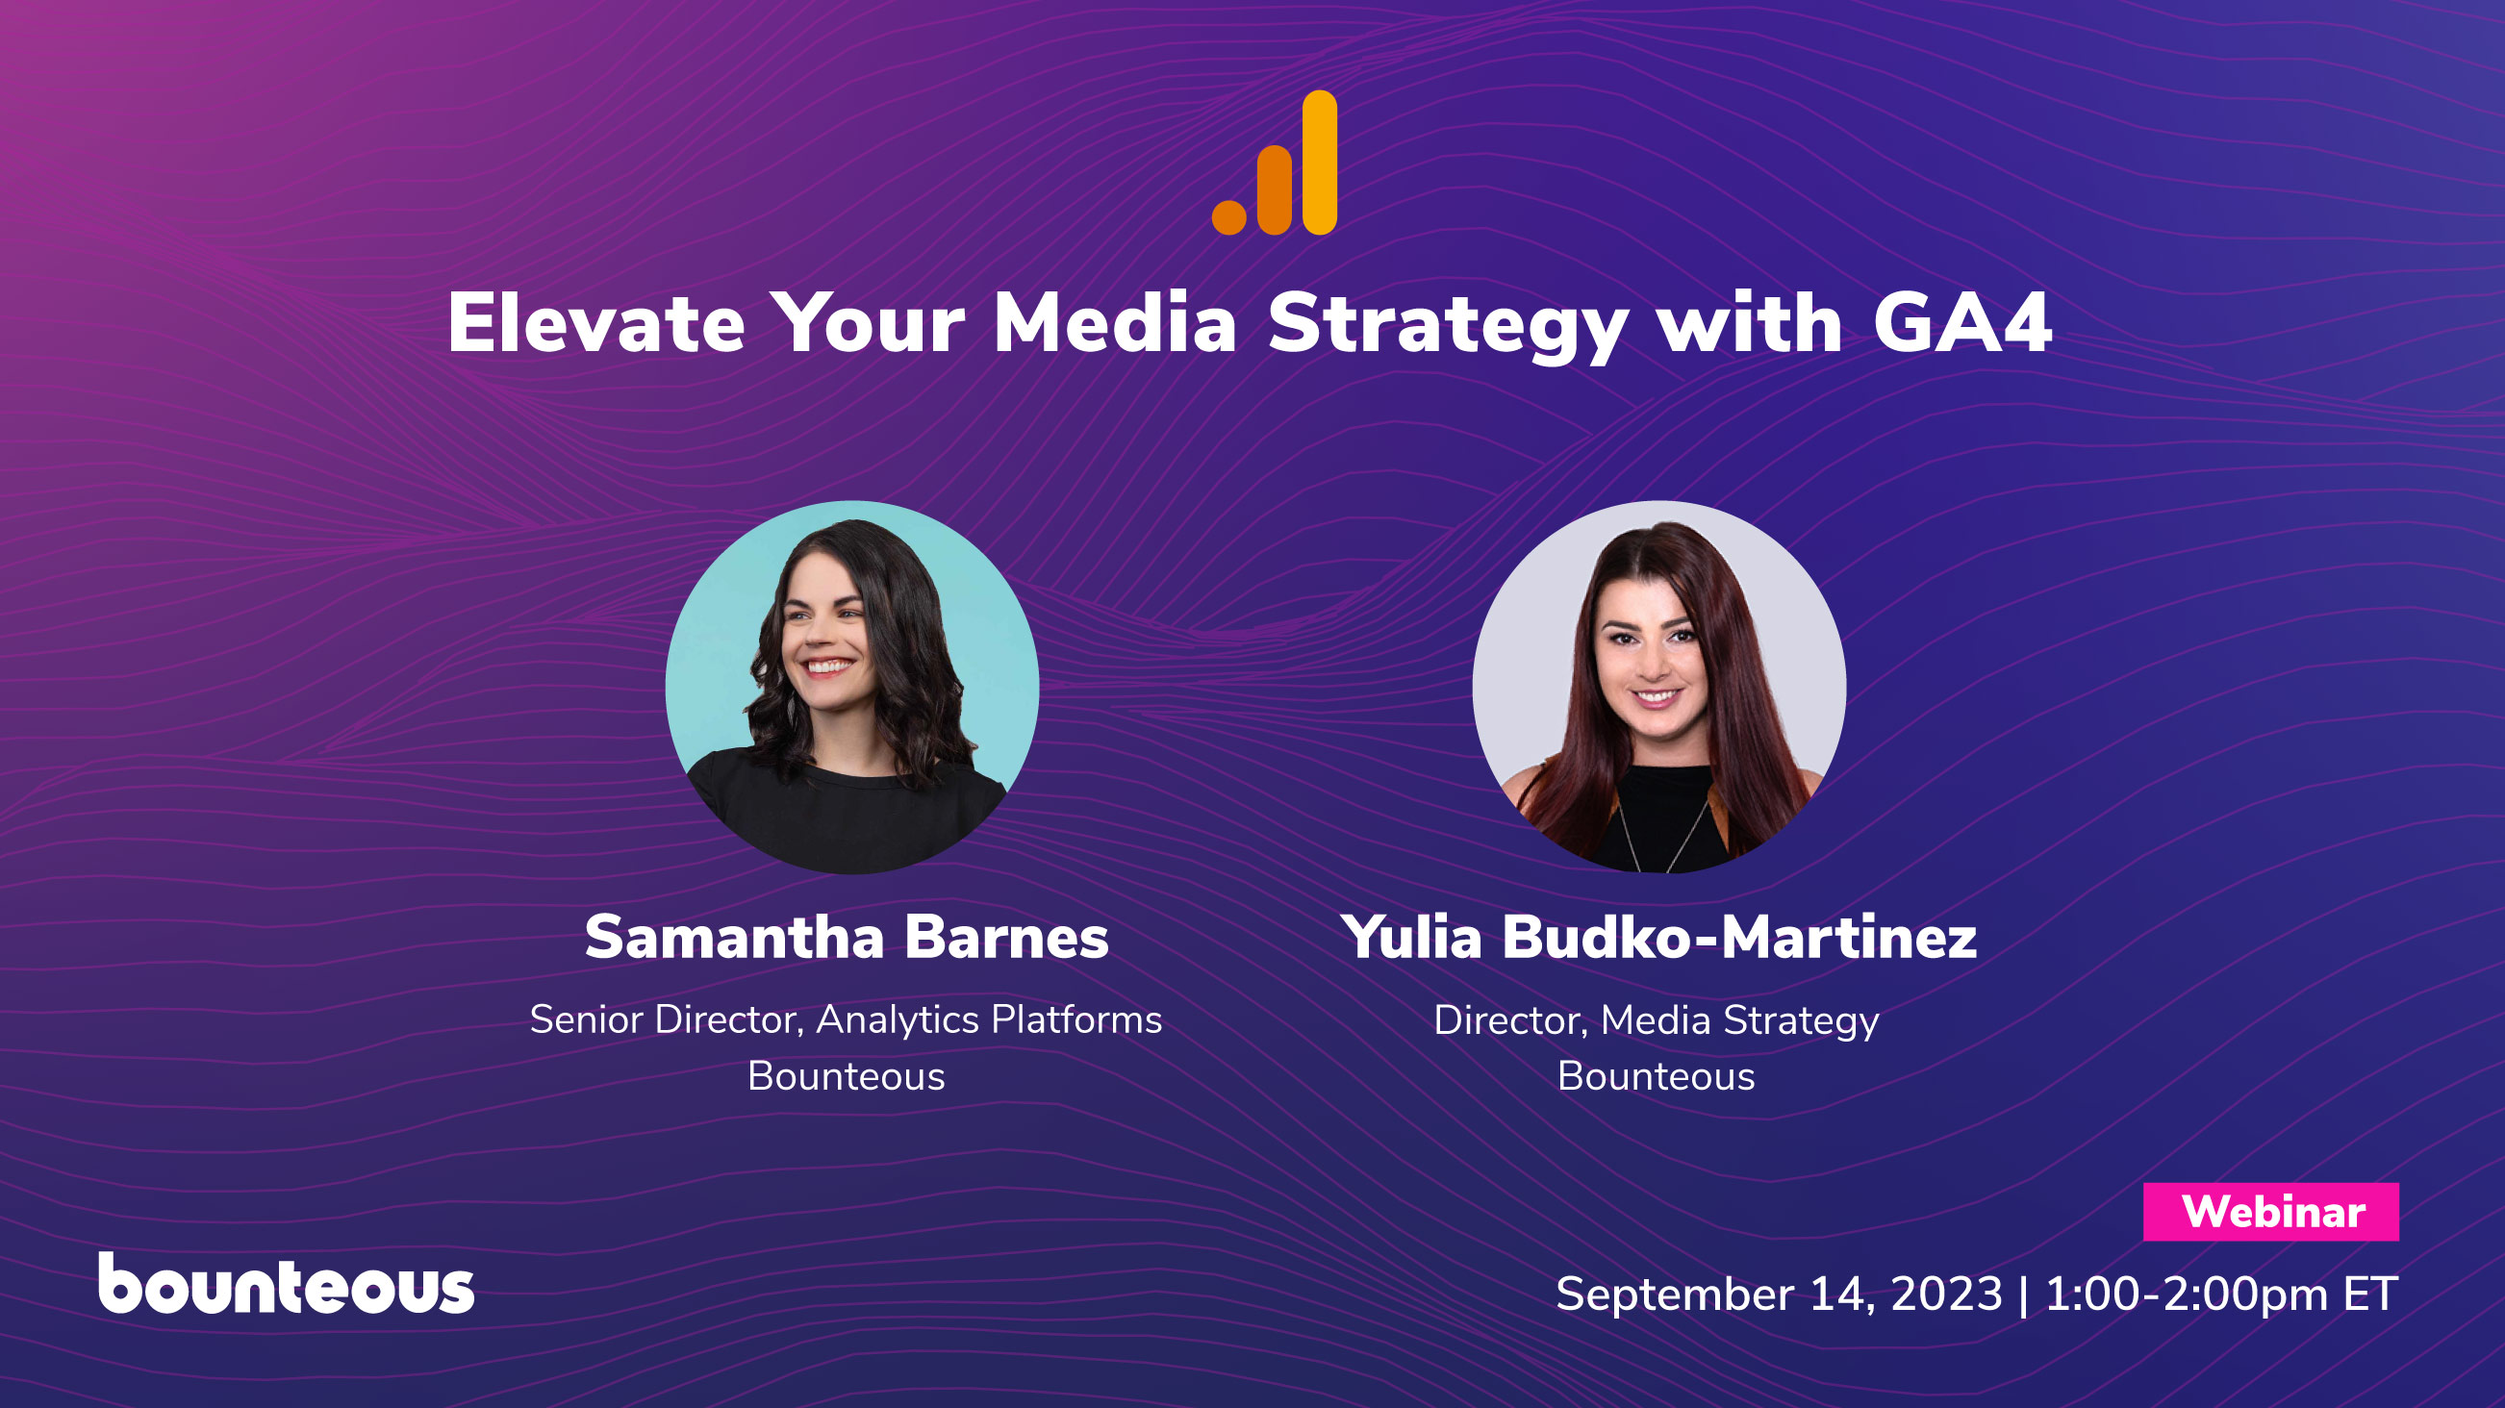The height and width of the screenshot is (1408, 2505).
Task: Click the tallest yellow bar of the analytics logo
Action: [x=1320, y=163]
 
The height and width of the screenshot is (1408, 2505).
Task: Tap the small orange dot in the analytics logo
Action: [x=1228, y=216]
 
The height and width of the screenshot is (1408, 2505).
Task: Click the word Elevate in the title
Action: [x=595, y=324]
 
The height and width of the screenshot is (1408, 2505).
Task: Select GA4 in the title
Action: [x=1961, y=324]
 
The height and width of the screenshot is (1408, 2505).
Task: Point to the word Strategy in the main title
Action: [x=1447, y=326]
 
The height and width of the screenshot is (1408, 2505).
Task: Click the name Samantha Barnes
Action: [x=846, y=938]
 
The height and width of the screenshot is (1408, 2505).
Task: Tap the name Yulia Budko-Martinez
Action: [x=1658, y=938]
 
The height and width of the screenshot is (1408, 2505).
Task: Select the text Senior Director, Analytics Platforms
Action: [x=846, y=1020]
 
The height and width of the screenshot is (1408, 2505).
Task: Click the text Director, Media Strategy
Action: [x=1657, y=1021]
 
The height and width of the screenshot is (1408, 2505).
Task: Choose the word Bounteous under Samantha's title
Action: [x=846, y=1076]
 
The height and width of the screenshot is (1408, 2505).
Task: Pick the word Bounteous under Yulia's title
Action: [x=1657, y=1076]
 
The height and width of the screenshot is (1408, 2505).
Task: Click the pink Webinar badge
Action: [x=2269, y=1212]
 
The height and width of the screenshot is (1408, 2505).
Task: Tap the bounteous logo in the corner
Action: [x=286, y=1285]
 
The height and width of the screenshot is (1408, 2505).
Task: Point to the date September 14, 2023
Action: [x=1779, y=1295]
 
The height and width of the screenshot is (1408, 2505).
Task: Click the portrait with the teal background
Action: [x=852, y=687]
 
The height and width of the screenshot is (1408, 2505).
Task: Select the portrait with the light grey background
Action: [x=1659, y=687]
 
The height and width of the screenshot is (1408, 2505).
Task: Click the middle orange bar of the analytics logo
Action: [x=1274, y=190]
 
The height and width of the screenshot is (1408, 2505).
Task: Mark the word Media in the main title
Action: [x=1114, y=324]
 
